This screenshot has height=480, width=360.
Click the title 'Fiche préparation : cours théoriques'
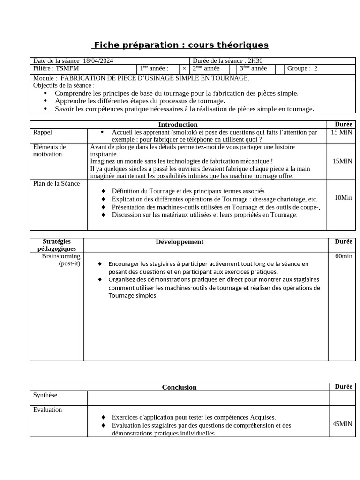pyautogui.click(x=180, y=45)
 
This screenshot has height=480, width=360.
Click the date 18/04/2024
pyautogui.click(x=98, y=61)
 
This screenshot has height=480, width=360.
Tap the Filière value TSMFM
pyautogui.click(x=67, y=68)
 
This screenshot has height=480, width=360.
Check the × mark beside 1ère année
pyautogui.click(x=184, y=69)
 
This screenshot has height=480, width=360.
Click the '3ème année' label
pyautogui.click(x=253, y=68)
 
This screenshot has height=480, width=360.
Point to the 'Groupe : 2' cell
pyautogui.click(x=302, y=68)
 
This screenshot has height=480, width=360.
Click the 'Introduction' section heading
pyautogui.click(x=178, y=124)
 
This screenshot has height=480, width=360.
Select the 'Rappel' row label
pyautogui.click(x=43, y=133)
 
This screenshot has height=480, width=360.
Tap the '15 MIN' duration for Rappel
pyautogui.click(x=341, y=133)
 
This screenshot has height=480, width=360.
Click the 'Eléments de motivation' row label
pyautogui.click(x=50, y=150)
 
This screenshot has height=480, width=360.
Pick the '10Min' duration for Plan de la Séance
pyautogui.click(x=343, y=198)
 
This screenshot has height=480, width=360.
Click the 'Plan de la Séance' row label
pyautogui.click(x=56, y=183)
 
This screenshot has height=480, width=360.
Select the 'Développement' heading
pyautogui.click(x=180, y=242)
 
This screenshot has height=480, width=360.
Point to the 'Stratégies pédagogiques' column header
pyautogui.click(x=57, y=245)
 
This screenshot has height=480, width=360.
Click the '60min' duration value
pyautogui.click(x=343, y=256)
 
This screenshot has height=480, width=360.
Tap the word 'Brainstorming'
pyautogui.click(x=61, y=256)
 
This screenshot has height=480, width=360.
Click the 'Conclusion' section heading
pyautogui.click(x=179, y=387)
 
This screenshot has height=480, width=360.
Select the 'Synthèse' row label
pyautogui.click(x=45, y=395)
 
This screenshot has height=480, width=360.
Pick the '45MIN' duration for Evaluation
pyautogui.click(x=342, y=424)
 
